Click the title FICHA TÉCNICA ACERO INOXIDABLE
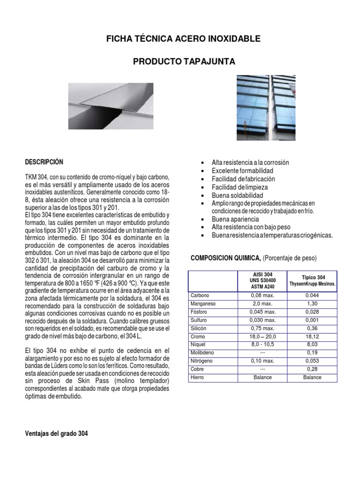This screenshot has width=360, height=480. tap(183, 39)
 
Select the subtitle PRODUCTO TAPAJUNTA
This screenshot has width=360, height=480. tap(183, 62)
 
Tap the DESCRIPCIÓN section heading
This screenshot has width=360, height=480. tap(44, 162)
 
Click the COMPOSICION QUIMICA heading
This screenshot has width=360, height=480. tap(225, 258)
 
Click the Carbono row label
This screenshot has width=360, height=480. tap(200, 295)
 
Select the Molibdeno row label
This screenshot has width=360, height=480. tap(202, 352)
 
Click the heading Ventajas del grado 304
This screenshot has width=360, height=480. tap(56, 434)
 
